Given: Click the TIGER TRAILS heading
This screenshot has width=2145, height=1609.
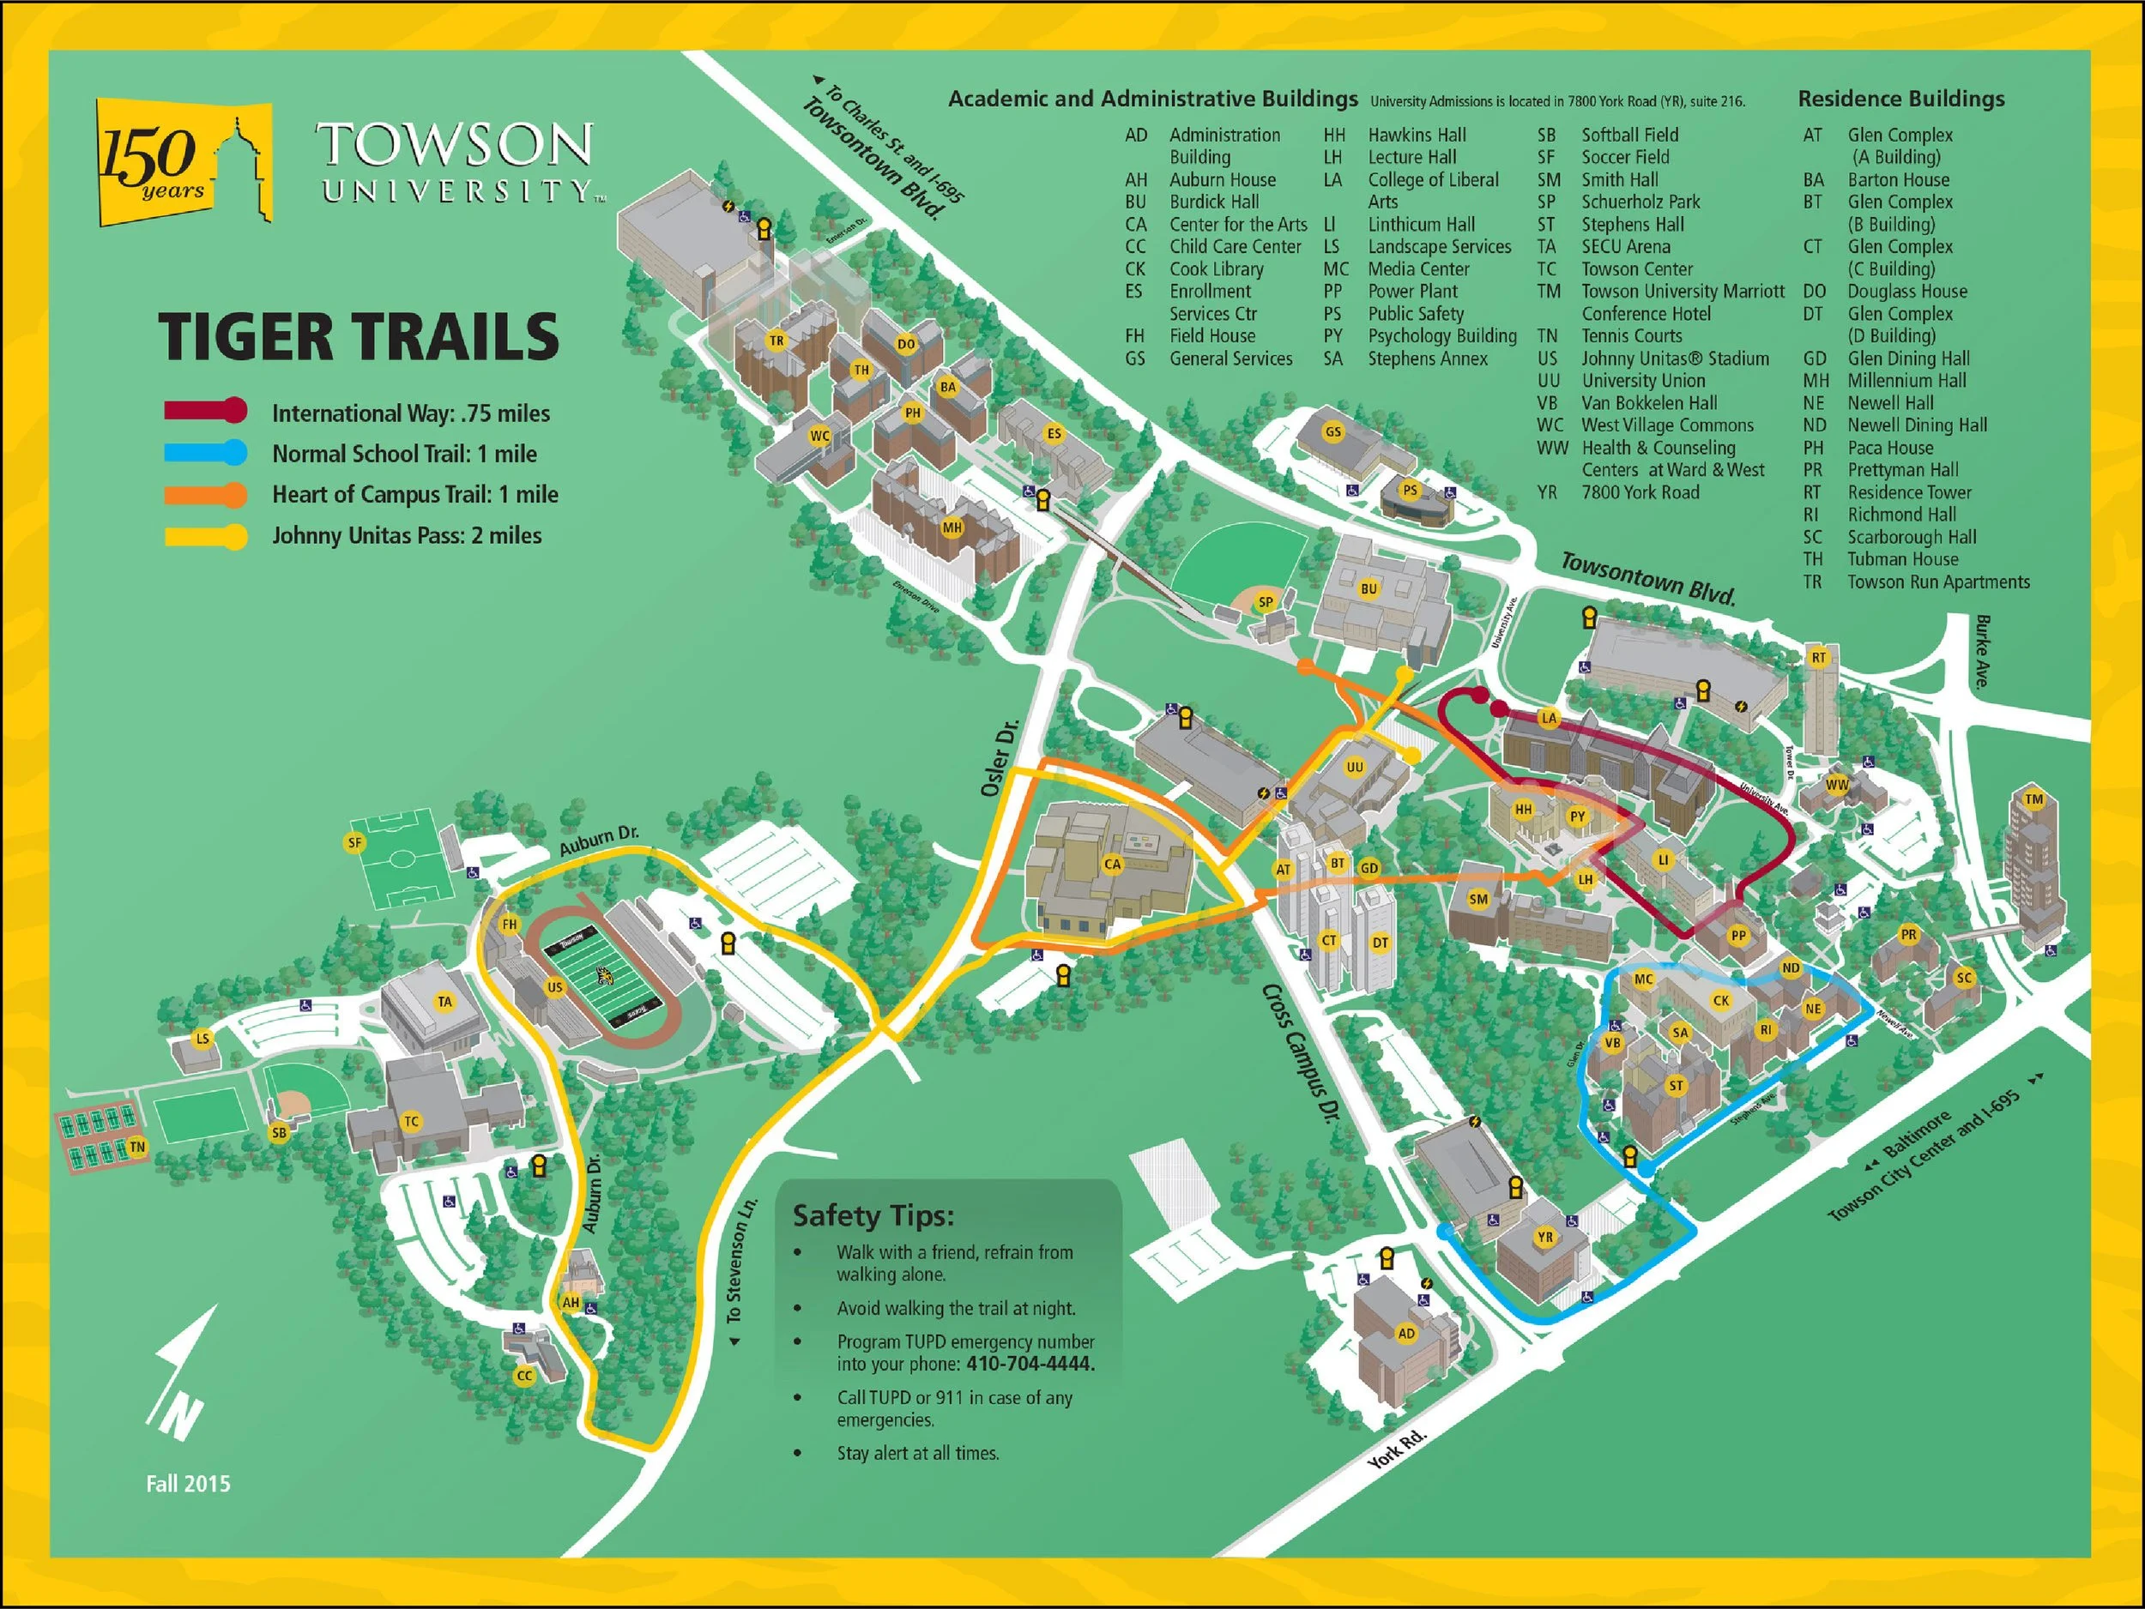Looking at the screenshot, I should (x=359, y=336).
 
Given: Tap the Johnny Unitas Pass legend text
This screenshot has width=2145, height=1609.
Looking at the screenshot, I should (x=407, y=536).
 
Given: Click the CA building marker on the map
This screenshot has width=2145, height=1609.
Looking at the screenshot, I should (x=1112, y=865).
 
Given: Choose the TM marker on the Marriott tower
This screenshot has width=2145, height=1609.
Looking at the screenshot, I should (x=2033, y=799).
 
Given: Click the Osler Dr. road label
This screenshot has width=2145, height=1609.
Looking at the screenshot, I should (x=999, y=759).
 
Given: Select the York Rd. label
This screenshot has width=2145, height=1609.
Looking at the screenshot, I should (x=1396, y=1448).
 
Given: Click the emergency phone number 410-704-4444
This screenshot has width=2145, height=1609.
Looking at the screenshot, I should (x=1030, y=1364).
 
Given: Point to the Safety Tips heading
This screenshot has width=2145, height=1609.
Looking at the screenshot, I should (x=873, y=1215).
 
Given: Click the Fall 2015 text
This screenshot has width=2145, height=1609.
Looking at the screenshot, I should (x=188, y=1484).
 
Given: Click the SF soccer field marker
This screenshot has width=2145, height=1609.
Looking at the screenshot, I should (x=355, y=842).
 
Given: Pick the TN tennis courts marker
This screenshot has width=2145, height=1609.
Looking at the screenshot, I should (x=137, y=1148).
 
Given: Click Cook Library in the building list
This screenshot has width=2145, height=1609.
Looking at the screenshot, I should (x=1216, y=269).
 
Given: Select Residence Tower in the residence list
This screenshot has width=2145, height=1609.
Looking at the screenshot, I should (x=1908, y=492).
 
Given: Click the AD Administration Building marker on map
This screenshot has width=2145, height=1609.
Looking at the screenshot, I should (x=1406, y=1334).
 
